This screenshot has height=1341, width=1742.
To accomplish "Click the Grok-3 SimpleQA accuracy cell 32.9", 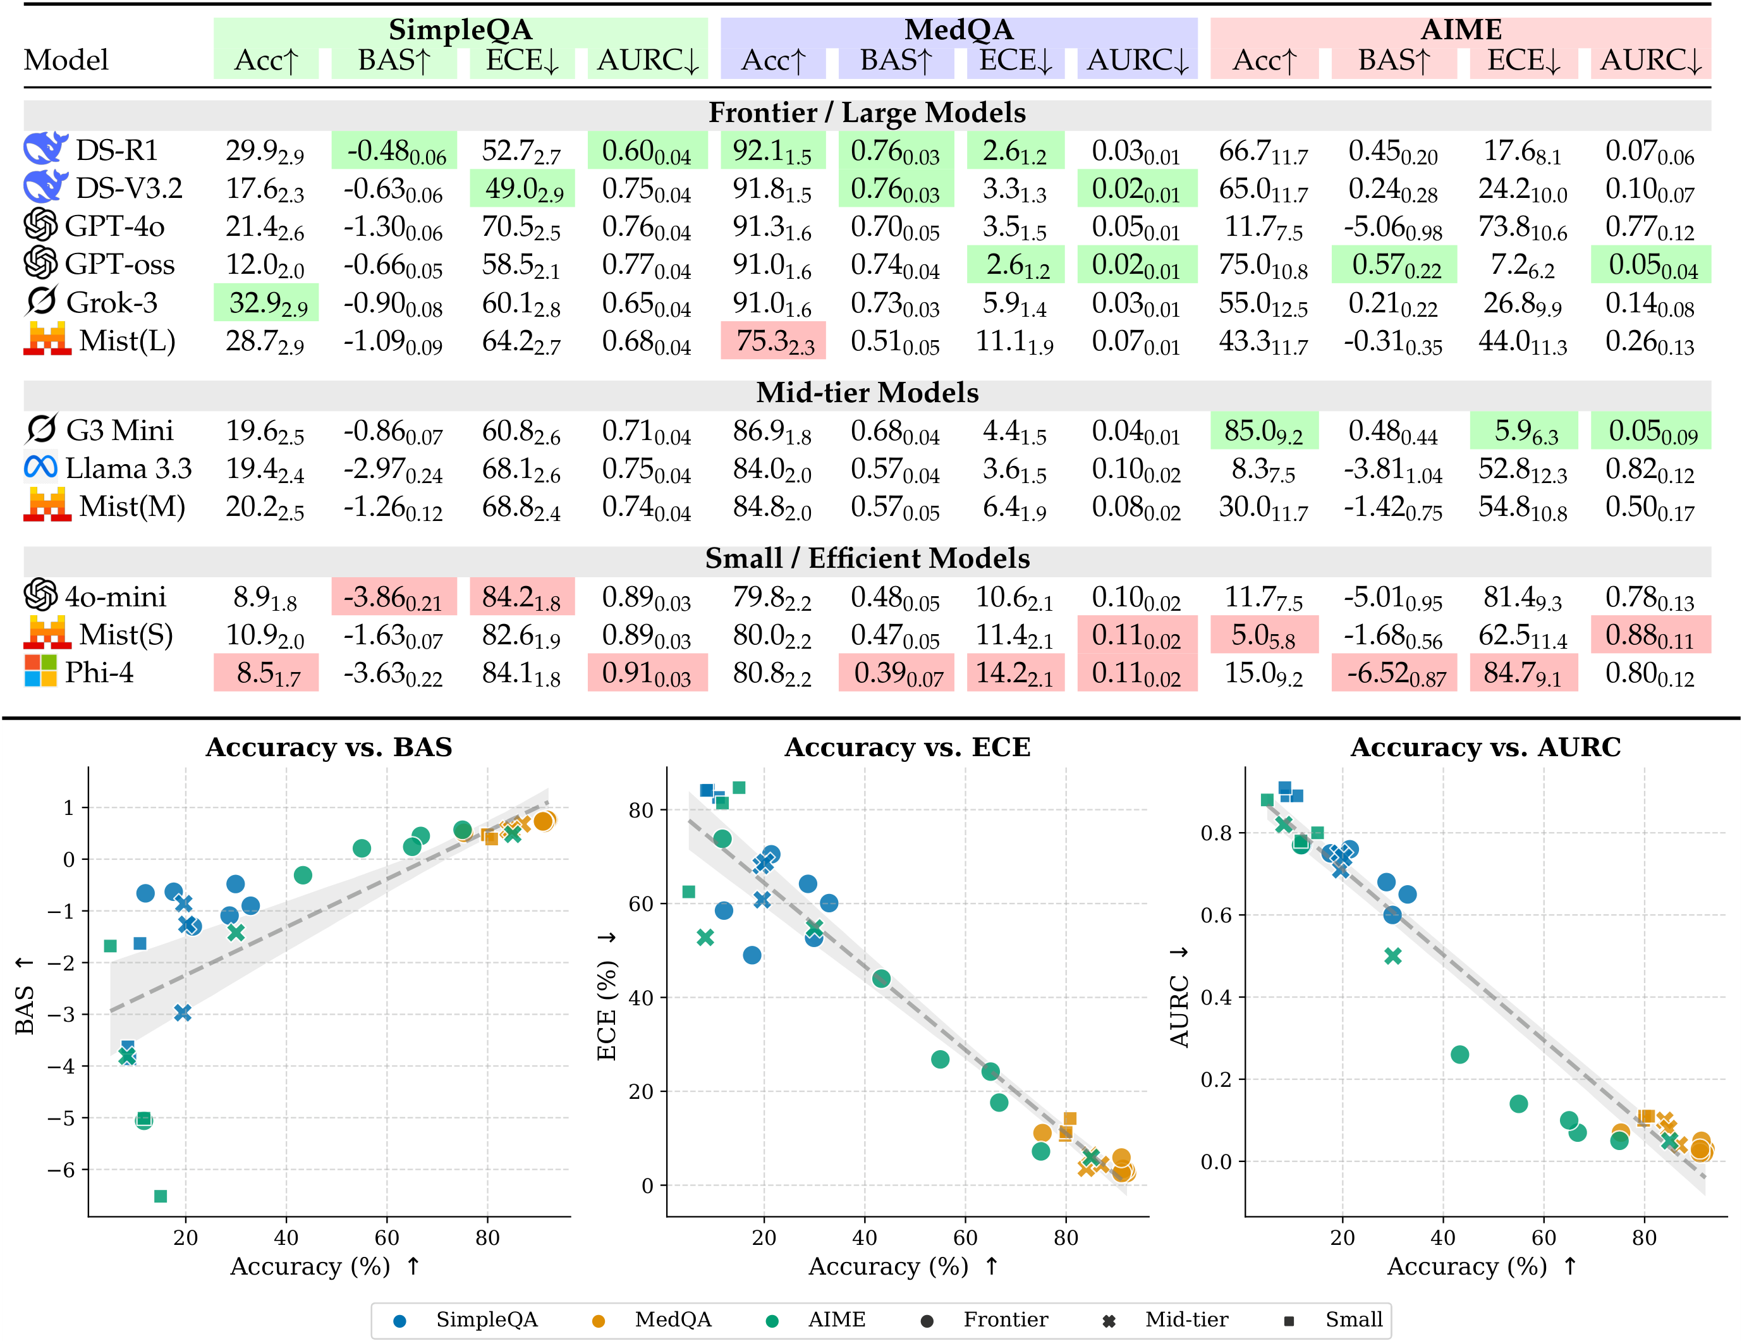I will [x=266, y=303].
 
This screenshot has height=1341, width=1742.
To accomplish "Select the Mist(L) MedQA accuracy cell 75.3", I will [x=773, y=341].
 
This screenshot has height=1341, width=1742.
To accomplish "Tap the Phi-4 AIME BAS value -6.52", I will [x=1394, y=673].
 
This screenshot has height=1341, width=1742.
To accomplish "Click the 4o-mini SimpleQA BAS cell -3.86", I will [x=394, y=597].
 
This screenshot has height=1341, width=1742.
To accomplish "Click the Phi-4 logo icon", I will [x=40, y=671].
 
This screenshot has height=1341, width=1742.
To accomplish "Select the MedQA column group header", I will [x=958, y=30].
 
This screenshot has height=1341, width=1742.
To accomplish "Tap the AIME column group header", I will [x=1461, y=30].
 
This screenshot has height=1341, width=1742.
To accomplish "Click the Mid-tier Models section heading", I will [x=867, y=393].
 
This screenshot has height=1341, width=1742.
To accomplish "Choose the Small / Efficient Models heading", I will [x=867, y=558].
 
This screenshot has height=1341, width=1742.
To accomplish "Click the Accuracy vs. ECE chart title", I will [x=907, y=747].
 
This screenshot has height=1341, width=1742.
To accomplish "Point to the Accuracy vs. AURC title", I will [x=1485, y=747].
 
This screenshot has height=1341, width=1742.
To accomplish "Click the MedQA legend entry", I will [x=673, y=1320].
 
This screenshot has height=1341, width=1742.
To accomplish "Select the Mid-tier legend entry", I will [x=1186, y=1320].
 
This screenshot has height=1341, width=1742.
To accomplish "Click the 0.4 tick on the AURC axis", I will [x=1215, y=997].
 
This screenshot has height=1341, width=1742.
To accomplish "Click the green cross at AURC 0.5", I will [x=1392, y=956].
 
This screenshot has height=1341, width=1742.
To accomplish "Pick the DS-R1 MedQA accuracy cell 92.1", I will [x=773, y=150].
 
